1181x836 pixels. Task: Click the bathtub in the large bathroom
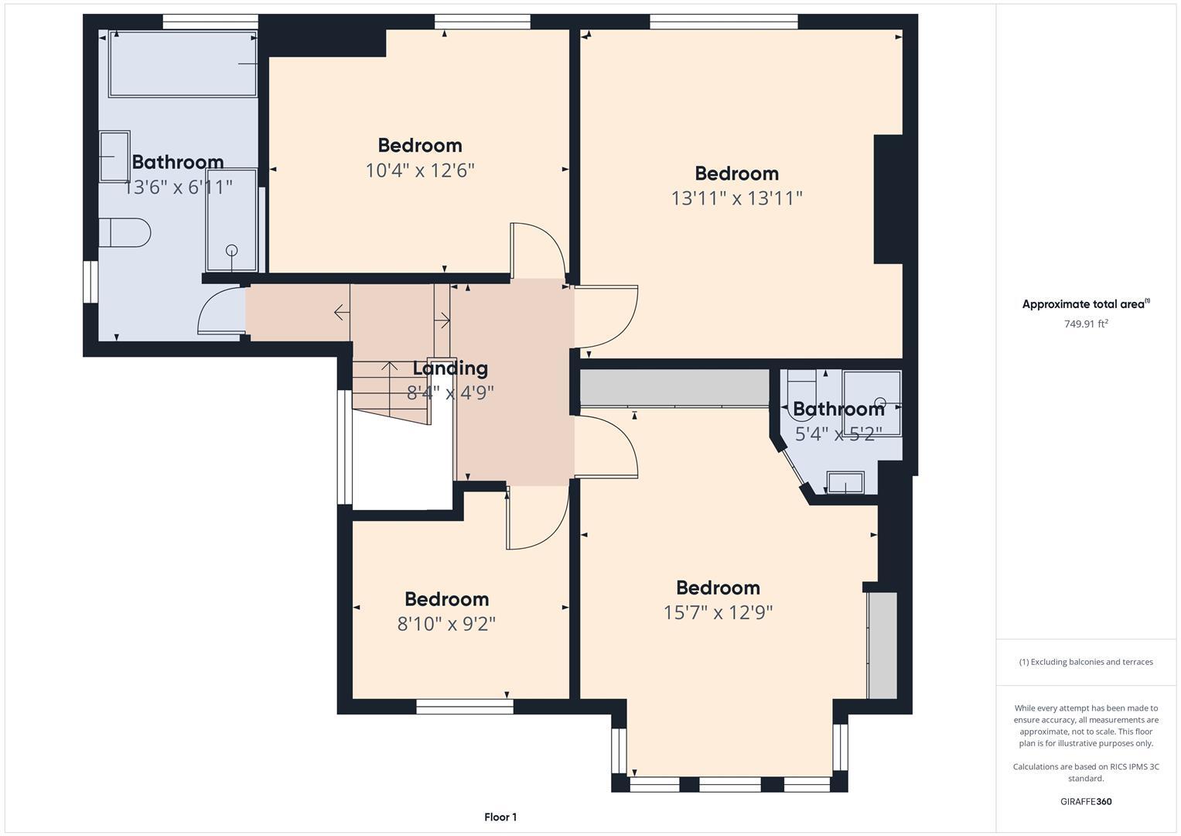click(x=183, y=64)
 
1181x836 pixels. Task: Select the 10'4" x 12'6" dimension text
click(x=419, y=170)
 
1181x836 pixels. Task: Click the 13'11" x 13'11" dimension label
click(x=736, y=198)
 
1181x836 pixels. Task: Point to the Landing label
click(x=449, y=368)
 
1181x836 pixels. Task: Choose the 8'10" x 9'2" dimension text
click(x=446, y=624)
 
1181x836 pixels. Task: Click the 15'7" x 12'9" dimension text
click(x=718, y=612)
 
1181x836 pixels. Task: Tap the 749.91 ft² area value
click(x=1085, y=324)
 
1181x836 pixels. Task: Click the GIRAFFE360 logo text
click(x=1085, y=801)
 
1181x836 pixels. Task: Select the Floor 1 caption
click(x=500, y=817)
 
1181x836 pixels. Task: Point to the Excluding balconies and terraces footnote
click(x=1085, y=662)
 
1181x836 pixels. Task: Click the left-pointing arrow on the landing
click(x=340, y=312)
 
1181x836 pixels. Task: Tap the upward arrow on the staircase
click(x=389, y=367)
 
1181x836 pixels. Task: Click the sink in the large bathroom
click(x=114, y=156)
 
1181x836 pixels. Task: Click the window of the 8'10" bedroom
click(x=464, y=706)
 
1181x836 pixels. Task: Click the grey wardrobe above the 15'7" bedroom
click(x=674, y=387)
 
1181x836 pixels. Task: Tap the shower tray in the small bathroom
click(x=872, y=403)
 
